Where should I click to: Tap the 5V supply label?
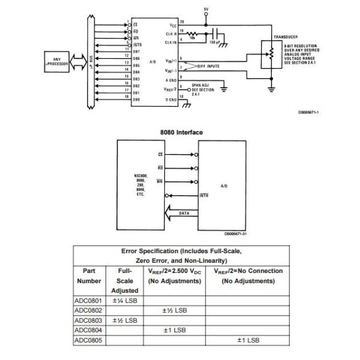tap(205, 10)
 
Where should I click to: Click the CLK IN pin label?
tap(172, 42)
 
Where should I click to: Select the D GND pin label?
tap(172, 100)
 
